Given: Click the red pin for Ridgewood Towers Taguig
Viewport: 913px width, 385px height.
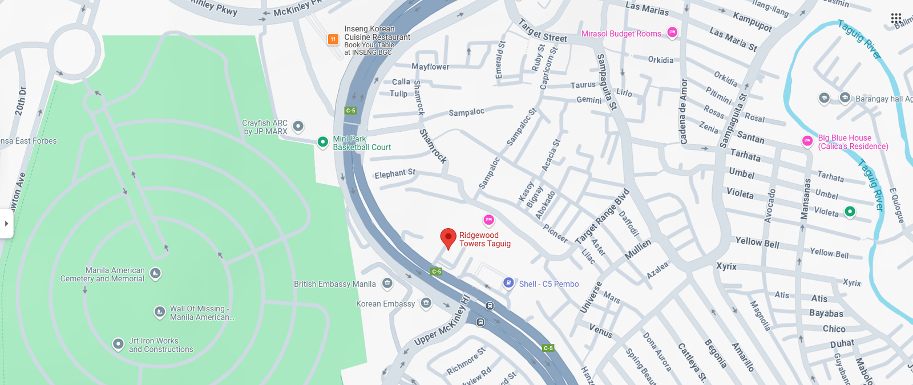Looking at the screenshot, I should coord(449,237).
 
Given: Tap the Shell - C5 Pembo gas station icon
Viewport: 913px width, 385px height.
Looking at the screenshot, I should coord(508,283).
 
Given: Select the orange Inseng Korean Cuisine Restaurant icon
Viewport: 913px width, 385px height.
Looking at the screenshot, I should coord(333,39).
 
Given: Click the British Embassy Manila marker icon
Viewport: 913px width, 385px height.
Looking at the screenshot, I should coord(387,283).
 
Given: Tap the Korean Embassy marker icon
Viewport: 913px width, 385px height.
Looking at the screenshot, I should coord(426,303).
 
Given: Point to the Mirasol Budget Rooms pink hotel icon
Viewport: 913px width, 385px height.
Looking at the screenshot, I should coord(672,33).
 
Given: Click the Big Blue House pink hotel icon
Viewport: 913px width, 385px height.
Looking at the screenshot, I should coord(807,141).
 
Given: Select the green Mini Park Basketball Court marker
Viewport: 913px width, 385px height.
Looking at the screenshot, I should coord(322,141).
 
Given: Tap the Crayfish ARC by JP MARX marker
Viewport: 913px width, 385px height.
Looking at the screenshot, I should coord(298,126).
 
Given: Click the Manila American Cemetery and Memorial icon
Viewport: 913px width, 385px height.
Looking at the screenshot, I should coord(155,274).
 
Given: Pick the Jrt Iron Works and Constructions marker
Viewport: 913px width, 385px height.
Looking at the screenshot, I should coord(118,344).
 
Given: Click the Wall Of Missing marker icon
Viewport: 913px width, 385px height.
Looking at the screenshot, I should coord(160,312).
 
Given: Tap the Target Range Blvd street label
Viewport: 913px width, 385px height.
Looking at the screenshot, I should coord(602,217).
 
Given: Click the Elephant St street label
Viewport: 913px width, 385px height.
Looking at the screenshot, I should coord(395,173).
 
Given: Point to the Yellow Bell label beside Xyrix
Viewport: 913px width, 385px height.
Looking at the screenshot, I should coord(757,242).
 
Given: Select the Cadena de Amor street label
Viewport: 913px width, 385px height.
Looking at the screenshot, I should coord(683,111).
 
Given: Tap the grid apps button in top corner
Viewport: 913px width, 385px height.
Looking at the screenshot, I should coord(896,19).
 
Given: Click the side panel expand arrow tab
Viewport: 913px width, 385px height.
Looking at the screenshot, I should coord(6,224).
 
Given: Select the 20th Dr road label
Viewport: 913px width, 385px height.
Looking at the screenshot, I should coord(21,102).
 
